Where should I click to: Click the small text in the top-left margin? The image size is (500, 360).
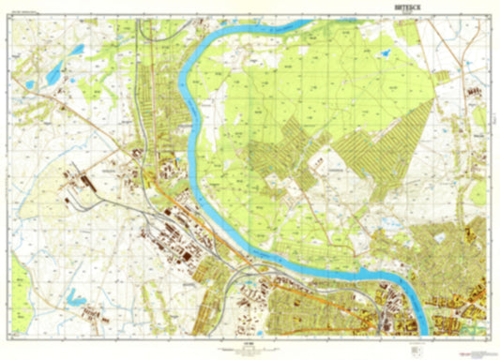click(28, 13)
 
